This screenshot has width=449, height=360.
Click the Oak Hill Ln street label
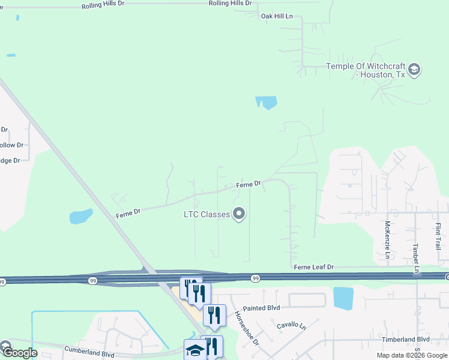pyautogui.click(x=277, y=16)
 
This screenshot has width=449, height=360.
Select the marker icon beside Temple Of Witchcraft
pyautogui.click(x=414, y=70)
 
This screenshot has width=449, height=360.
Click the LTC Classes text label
pyautogui.click(x=207, y=214)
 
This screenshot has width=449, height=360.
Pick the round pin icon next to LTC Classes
pyautogui.click(x=240, y=214)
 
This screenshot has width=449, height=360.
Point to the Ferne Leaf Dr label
pyautogui.click(x=313, y=266)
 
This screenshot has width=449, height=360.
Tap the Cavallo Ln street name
pyautogui.click(x=291, y=326)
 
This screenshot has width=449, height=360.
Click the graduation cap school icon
pyautogui.click(x=194, y=350)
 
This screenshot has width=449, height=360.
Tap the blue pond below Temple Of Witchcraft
pyautogui.click(x=267, y=102)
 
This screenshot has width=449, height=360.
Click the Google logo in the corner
pyautogui.click(x=20, y=353)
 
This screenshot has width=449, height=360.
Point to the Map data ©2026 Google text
pyautogui.click(x=412, y=355)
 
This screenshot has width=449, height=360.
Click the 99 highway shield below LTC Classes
pyautogui.click(x=256, y=278)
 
